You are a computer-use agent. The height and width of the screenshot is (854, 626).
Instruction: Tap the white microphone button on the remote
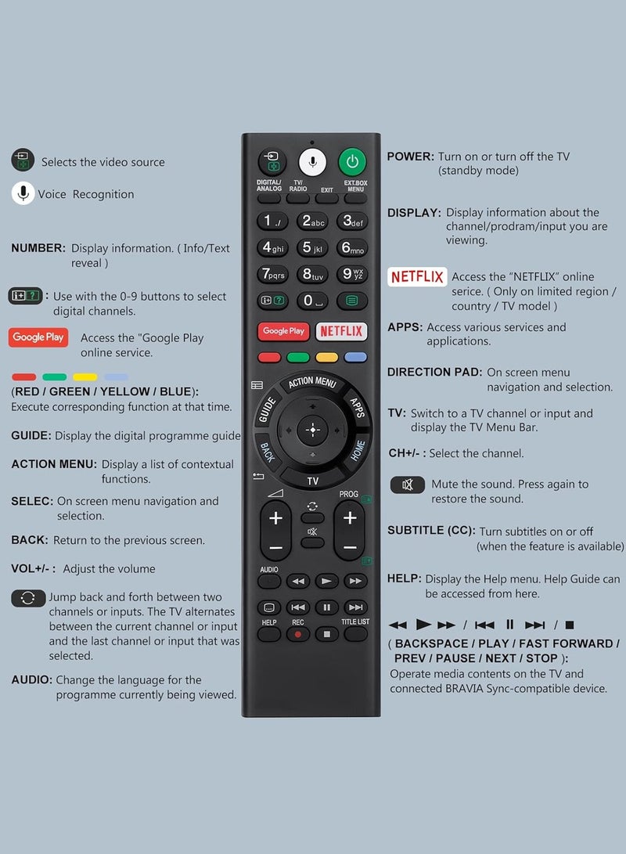tap(312, 162)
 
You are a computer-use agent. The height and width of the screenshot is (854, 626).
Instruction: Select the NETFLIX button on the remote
tap(341, 331)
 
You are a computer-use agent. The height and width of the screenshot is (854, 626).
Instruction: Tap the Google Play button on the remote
tap(283, 331)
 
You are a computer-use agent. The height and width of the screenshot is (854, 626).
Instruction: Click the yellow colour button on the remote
tap(326, 358)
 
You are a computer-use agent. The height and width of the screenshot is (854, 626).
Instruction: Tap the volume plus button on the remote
tap(275, 518)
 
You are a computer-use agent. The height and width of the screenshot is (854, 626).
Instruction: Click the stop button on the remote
tap(326, 633)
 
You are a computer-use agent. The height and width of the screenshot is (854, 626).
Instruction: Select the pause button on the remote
tap(326, 607)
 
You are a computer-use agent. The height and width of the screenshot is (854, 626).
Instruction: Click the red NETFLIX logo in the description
tap(417, 277)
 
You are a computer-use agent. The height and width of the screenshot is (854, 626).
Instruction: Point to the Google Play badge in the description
tap(38, 337)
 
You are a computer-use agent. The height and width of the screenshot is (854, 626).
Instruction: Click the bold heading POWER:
tap(411, 157)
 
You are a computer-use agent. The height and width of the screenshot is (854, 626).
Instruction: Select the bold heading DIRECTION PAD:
tap(434, 373)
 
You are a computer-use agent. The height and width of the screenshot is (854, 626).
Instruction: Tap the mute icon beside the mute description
tap(408, 485)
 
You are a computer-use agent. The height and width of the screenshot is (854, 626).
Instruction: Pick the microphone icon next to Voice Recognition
tap(23, 193)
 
